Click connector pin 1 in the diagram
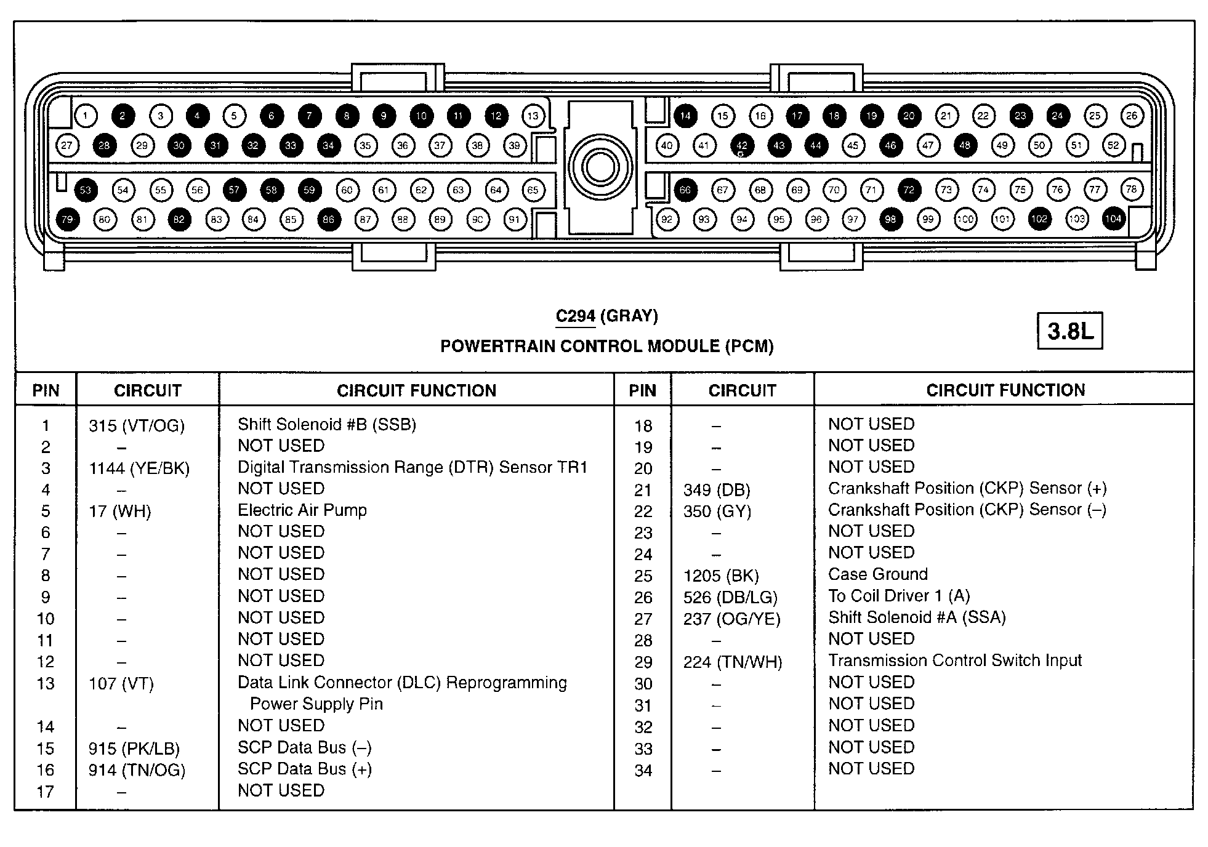[86, 116]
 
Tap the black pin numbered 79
[67, 219]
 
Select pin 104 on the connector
[1113, 219]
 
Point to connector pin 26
[1132, 115]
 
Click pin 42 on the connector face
[742, 146]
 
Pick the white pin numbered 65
[533, 190]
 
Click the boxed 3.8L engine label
[1069, 331]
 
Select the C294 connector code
[575, 316]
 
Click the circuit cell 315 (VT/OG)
[137, 426]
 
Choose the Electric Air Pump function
[302, 510]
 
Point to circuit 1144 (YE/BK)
[139, 469]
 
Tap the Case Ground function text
[877, 574]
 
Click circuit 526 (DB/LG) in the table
[730, 598]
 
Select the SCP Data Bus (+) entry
[305, 769]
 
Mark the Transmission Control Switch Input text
[954, 660]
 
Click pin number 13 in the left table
[46, 684]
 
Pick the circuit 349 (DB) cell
[717, 491]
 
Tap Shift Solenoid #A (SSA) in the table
[917, 617]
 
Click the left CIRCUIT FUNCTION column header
[416, 391]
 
